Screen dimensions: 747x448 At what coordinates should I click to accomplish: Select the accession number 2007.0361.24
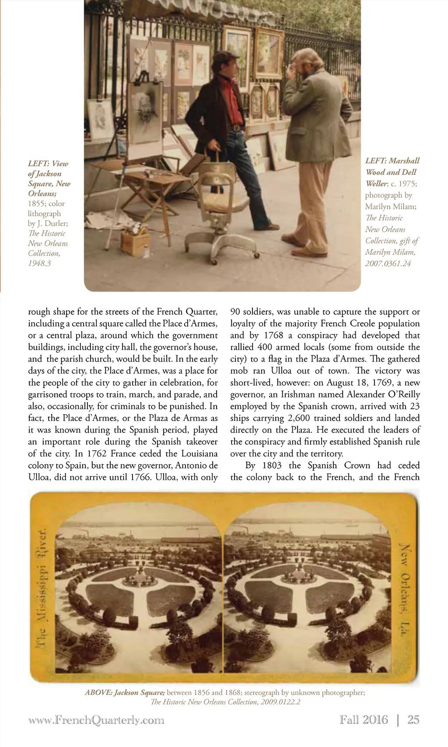click(x=388, y=263)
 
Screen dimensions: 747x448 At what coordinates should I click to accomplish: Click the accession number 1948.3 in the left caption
click(x=39, y=263)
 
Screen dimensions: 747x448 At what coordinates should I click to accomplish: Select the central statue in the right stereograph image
click(x=299, y=572)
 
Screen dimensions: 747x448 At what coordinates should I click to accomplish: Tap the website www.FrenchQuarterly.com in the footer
click(x=96, y=720)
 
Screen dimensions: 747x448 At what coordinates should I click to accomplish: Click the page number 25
click(x=413, y=720)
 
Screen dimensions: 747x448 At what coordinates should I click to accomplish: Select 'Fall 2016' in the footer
click(x=364, y=720)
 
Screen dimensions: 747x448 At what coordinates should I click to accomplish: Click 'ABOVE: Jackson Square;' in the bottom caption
click(x=125, y=693)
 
